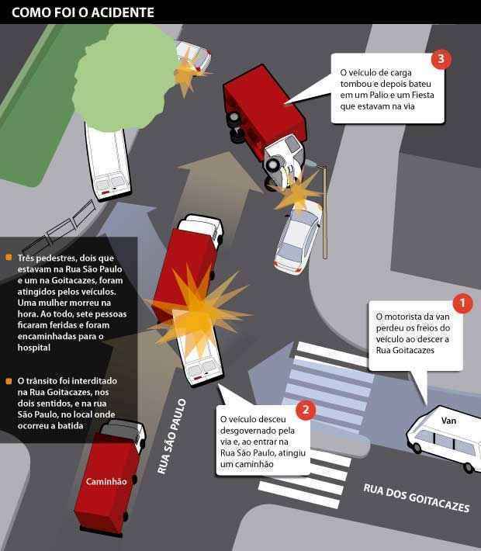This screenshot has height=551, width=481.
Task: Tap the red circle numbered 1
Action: (x=462, y=302)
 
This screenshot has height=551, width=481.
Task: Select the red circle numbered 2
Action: (x=306, y=409)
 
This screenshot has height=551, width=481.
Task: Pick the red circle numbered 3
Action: (x=440, y=59)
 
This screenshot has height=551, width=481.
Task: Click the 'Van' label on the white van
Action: (x=448, y=421)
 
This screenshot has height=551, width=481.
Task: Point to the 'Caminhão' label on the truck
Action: (x=106, y=482)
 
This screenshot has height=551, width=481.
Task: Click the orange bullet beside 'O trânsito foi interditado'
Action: (x=9, y=382)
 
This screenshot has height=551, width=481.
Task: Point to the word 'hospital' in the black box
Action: (x=33, y=349)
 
